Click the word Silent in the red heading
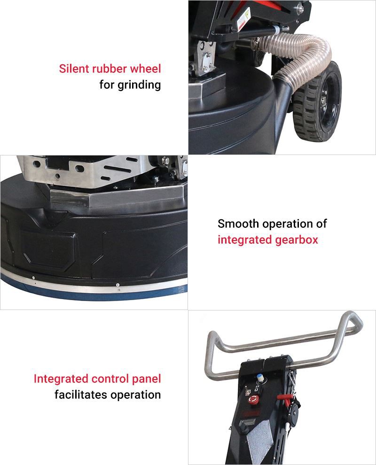click(74, 69)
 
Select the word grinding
click(139, 85)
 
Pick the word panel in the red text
click(146, 379)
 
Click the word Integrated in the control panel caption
click(61, 379)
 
